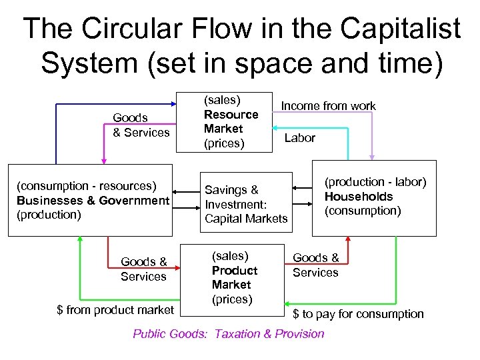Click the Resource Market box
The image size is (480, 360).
(x=224, y=121)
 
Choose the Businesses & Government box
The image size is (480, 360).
(x=90, y=200)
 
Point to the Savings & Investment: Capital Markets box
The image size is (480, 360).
(x=246, y=204)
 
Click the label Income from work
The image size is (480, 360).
(x=328, y=106)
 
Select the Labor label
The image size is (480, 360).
(x=300, y=137)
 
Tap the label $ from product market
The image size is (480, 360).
(x=115, y=309)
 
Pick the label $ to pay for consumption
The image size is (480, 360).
(x=359, y=313)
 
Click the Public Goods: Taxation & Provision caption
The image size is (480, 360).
(x=229, y=334)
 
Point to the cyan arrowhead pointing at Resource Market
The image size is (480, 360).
(x=277, y=129)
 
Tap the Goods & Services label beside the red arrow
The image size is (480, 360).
(x=143, y=269)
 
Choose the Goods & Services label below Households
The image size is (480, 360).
(x=315, y=265)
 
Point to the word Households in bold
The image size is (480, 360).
(x=359, y=197)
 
